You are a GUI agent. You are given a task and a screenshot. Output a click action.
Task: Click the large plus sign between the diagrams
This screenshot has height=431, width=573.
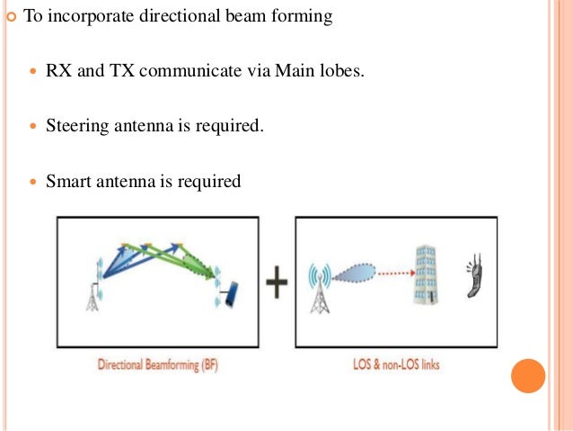[x=278, y=285]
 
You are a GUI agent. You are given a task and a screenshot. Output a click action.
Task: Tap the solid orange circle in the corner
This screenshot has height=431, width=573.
[x=528, y=375]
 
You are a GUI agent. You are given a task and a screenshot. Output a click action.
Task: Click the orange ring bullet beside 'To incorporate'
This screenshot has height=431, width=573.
[x=11, y=17]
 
